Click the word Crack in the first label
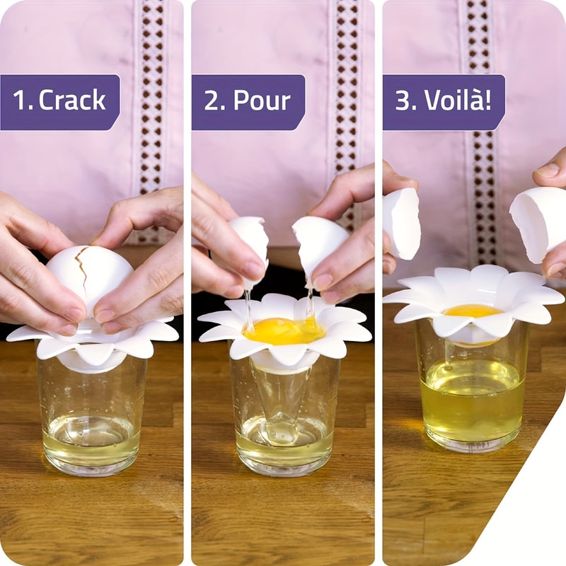pyautogui.click(x=72, y=100)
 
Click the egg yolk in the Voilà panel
pyautogui.click(x=473, y=311)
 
